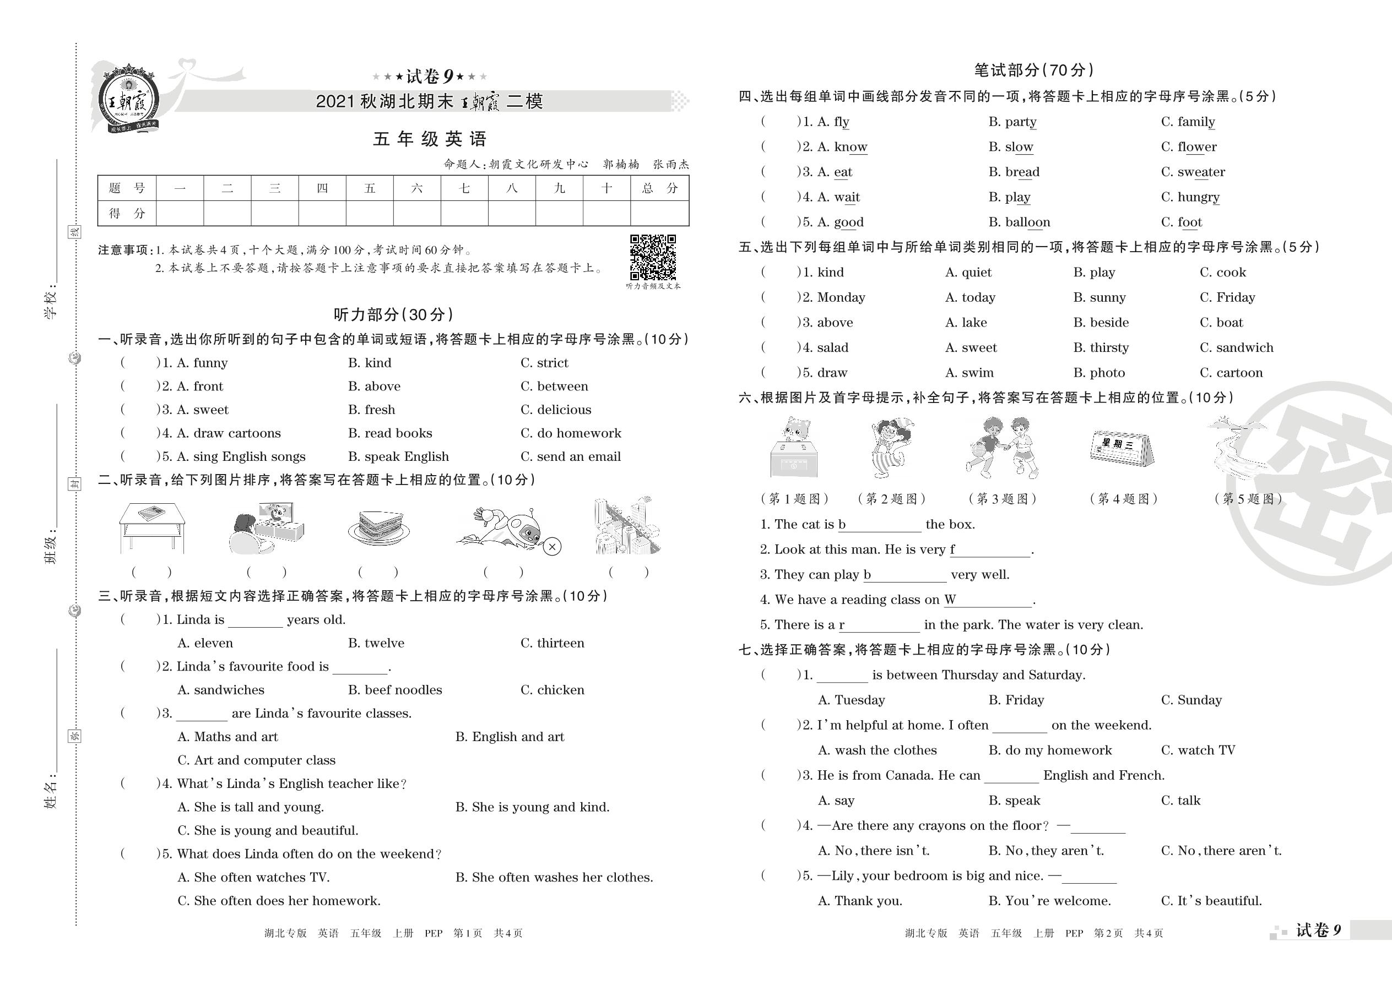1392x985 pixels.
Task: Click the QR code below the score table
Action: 652,257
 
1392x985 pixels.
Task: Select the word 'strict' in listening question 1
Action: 552,363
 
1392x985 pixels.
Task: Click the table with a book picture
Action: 151,525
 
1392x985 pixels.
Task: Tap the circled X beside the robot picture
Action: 551,547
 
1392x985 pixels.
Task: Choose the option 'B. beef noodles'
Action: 394,690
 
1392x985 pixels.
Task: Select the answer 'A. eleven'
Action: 205,643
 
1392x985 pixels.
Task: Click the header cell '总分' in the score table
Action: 659,188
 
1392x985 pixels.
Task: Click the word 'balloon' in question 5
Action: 1027,222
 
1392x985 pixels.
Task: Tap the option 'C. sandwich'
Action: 1236,347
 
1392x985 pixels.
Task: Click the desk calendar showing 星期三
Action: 1122,448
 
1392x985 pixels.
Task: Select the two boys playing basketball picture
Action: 1002,448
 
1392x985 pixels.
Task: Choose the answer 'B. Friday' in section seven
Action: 1016,700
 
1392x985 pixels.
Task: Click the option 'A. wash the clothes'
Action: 877,750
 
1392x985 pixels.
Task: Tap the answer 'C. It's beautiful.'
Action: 1211,901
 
